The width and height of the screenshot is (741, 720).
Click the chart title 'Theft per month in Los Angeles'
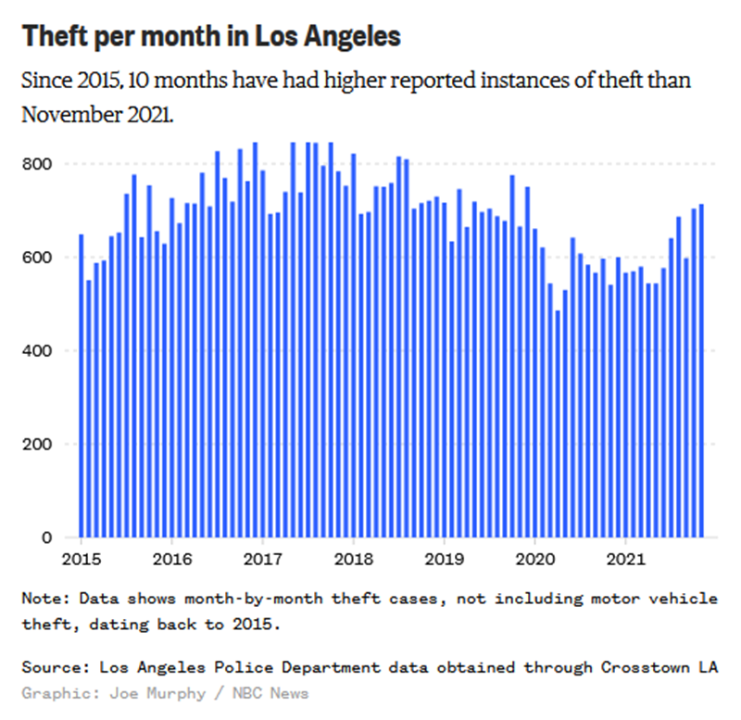[x=211, y=36]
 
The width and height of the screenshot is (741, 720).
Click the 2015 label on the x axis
[x=81, y=559]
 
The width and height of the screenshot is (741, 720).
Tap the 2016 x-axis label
[x=171, y=559]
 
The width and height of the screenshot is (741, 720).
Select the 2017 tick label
[x=262, y=559]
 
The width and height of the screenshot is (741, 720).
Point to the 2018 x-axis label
[x=353, y=559]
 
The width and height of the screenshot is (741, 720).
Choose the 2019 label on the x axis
[x=444, y=559]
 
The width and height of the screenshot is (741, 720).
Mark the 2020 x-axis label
[x=534, y=559]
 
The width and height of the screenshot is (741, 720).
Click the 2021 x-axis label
[x=625, y=559]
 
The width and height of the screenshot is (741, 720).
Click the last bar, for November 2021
[x=701, y=371]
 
